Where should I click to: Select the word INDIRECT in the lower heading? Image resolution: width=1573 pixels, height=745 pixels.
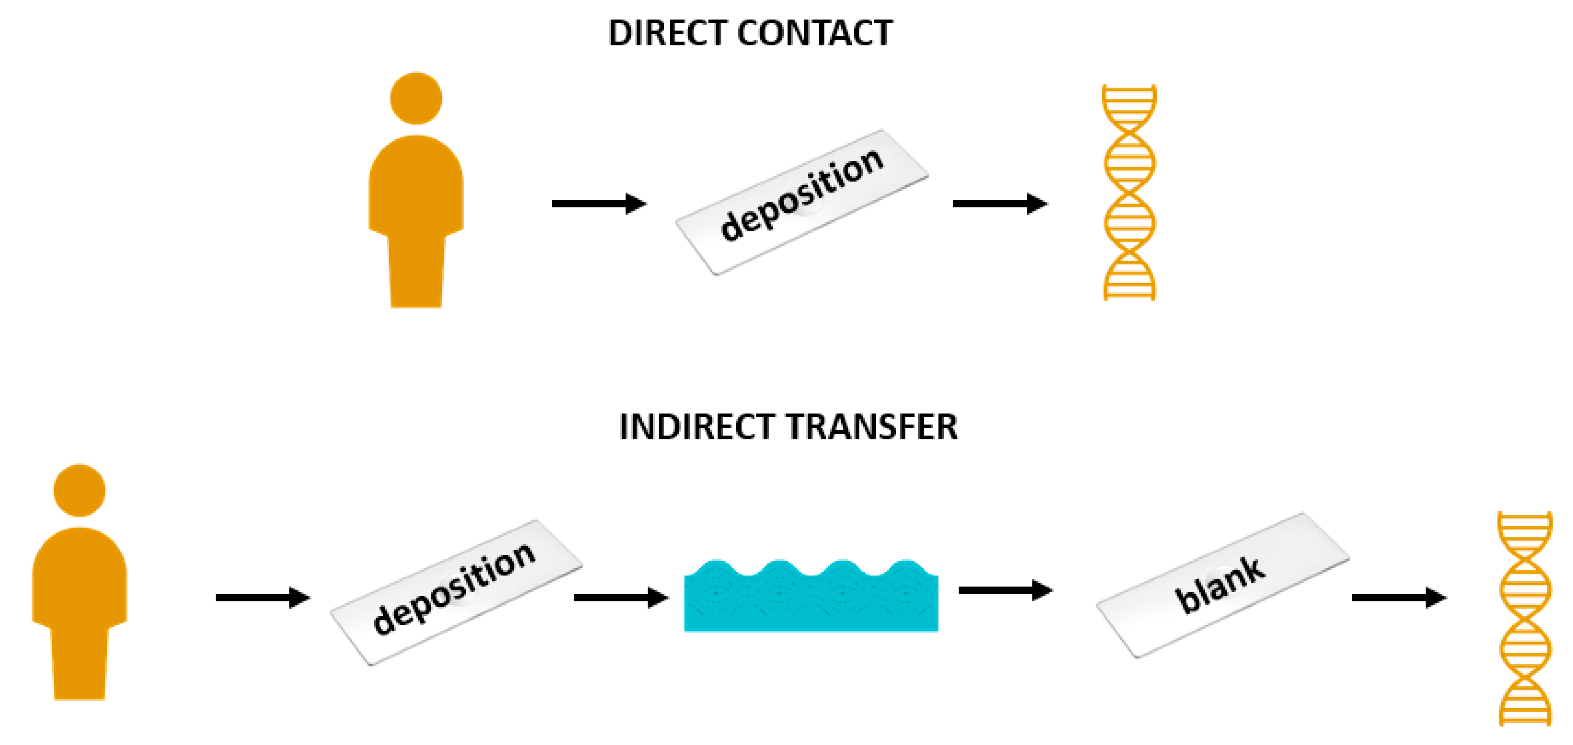696,426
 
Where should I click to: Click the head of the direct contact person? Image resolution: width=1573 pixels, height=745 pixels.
416,98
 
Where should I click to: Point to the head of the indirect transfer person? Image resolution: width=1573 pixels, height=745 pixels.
79,490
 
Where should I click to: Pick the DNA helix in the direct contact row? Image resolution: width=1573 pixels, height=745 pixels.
1130,192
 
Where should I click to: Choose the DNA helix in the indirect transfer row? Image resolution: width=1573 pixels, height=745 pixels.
1525,618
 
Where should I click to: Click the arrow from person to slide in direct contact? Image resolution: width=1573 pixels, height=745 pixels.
599,203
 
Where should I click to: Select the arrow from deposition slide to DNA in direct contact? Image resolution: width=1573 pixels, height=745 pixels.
1000,203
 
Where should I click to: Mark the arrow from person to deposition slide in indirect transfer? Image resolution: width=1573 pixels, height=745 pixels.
263,597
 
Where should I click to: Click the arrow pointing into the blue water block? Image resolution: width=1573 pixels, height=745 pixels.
621,597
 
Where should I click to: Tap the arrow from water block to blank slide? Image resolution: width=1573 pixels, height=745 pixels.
1005,590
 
